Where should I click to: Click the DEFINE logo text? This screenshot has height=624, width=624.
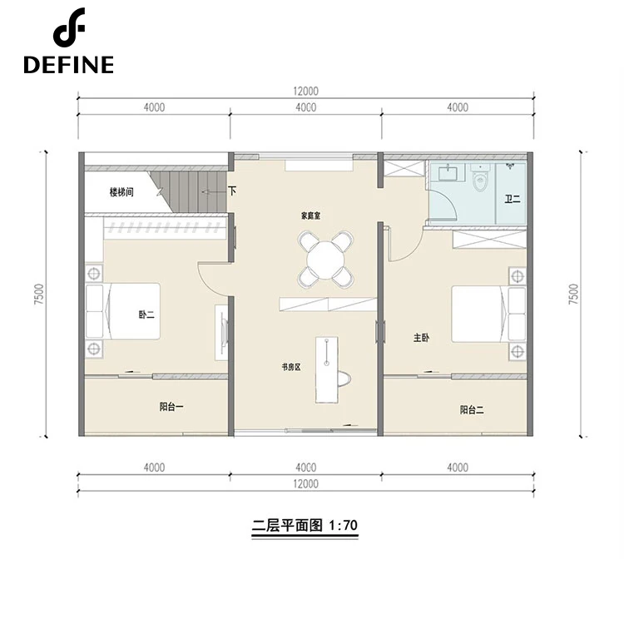[x=68, y=64]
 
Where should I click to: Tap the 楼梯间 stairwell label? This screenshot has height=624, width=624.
[x=121, y=192]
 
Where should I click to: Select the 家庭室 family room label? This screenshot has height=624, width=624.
[x=310, y=216]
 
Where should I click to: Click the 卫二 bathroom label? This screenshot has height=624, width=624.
[x=513, y=199]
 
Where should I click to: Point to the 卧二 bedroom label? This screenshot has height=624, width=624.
[x=146, y=314]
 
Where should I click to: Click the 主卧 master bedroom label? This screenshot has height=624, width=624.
[x=421, y=338]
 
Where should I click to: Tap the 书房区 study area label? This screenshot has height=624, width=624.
[x=291, y=367]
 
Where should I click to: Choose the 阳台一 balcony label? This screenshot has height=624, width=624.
[x=171, y=407]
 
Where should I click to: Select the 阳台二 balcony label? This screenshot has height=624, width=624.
[x=472, y=409]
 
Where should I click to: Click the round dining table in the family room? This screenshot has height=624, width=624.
[x=325, y=260]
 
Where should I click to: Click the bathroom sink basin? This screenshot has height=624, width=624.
[x=449, y=174]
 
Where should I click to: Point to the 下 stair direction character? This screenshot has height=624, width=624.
[x=232, y=191]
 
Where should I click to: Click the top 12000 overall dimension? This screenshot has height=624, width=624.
[x=305, y=92]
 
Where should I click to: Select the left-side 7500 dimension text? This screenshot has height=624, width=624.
[x=39, y=294]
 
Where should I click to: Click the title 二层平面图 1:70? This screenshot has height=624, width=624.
[x=305, y=525]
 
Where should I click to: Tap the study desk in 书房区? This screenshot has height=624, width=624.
[x=327, y=369]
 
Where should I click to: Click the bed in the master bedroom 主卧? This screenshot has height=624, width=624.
[x=488, y=314]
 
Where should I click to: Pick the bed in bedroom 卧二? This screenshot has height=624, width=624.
[x=123, y=311]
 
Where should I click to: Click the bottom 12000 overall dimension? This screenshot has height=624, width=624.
[x=305, y=484]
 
